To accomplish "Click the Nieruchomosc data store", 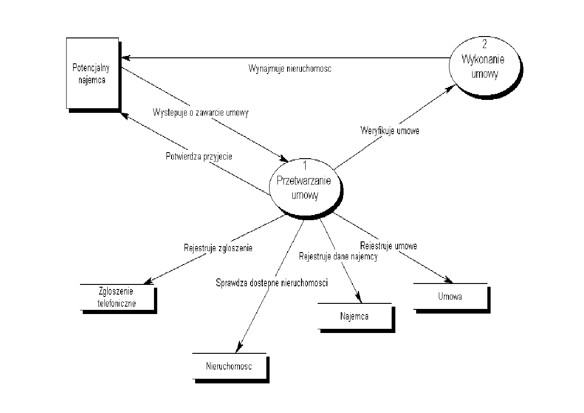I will coord(229,366).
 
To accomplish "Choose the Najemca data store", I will coord(354,317).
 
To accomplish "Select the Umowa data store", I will coord(450,296).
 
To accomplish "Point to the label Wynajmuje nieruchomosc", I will coord(290,68).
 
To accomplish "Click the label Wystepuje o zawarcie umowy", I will coord(200,112).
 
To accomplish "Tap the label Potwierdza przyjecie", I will coord(199,156).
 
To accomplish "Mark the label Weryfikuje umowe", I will coord(390,131).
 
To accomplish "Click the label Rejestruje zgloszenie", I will coord(218,248).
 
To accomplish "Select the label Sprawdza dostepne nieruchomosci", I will coord(272,283).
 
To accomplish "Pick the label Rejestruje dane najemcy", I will coord(338,257).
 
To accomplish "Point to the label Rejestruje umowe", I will coord(388,246).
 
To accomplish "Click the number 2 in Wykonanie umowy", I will coord(484,45).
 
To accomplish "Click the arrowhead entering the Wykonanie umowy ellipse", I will coord(448,89).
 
